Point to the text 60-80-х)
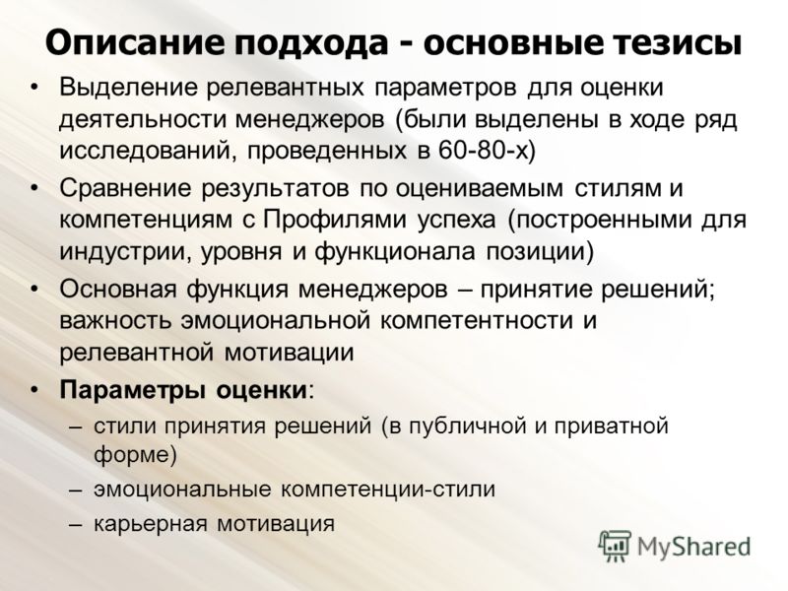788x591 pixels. tap(487, 150)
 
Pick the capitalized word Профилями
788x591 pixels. tap(335, 219)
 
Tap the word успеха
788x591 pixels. tap(457, 221)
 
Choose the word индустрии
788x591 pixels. tap(125, 252)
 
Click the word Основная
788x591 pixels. tap(118, 290)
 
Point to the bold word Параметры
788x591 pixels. tap(132, 390)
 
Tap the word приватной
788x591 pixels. tap(611, 426)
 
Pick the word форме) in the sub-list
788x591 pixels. tap(135, 454)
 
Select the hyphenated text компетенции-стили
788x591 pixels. tap(388, 489)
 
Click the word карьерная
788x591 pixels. tap(151, 524)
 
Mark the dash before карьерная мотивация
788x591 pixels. tap(75, 525)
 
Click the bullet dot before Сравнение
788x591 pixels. tap(33, 188)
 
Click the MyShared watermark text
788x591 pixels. tap(693, 546)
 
